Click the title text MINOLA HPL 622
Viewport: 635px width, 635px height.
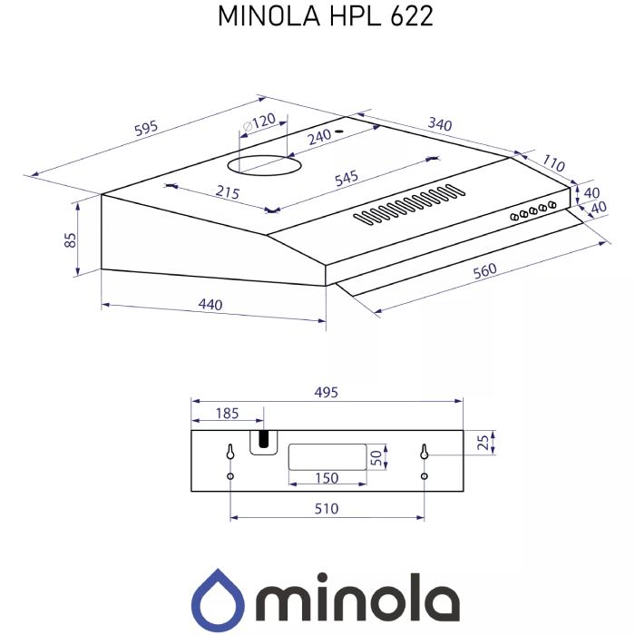click(x=312, y=17)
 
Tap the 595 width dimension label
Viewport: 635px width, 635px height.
click(x=146, y=128)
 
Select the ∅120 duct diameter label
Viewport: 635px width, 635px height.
click(x=258, y=122)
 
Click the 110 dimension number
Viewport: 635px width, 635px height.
click(x=553, y=164)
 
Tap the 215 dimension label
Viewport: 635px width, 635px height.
click(x=227, y=192)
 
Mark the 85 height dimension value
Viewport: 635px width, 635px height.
click(x=70, y=240)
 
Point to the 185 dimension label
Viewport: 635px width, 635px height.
click(x=227, y=414)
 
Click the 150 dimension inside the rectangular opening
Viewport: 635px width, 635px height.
click(x=326, y=478)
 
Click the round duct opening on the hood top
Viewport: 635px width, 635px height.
click(x=264, y=166)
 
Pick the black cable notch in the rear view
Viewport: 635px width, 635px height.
click(x=263, y=442)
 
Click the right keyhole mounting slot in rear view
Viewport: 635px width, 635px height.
click(x=424, y=451)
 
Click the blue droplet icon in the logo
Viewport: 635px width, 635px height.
click(x=219, y=598)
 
